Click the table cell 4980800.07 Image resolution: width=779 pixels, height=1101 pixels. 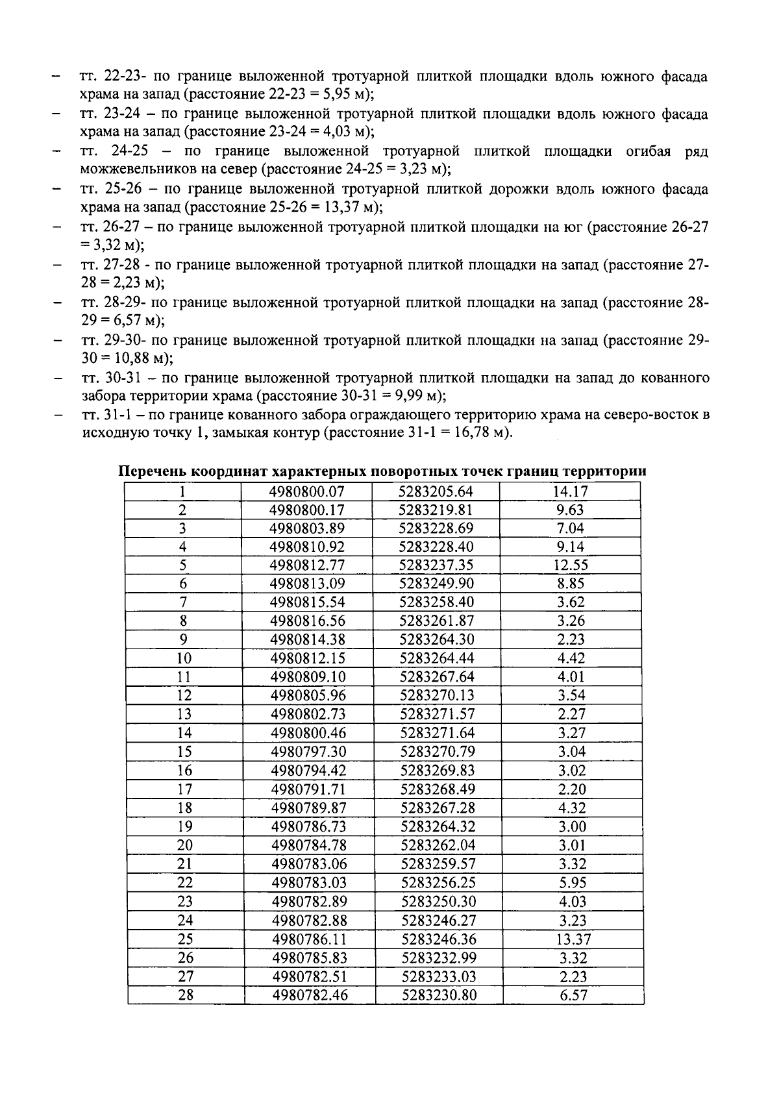click(x=307, y=491)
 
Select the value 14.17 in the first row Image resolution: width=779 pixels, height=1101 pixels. click(x=570, y=491)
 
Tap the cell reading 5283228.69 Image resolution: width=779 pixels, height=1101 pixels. click(x=436, y=528)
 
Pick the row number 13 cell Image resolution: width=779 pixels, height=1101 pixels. click(x=184, y=714)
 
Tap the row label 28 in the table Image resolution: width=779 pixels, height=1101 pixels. click(x=185, y=995)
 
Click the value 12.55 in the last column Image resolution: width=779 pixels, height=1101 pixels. click(x=571, y=565)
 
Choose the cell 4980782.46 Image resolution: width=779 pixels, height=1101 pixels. click(x=310, y=995)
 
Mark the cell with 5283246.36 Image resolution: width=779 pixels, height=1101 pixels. click(x=438, y=939)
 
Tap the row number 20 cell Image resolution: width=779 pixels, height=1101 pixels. click(x=184, y=845)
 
